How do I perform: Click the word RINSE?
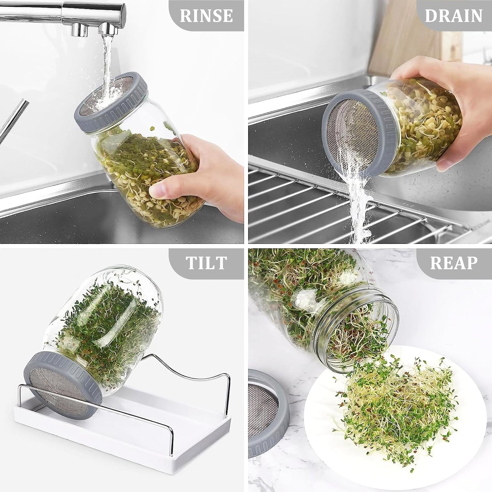point(206,16)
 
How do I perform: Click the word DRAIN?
point(454,16)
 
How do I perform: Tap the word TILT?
point(206,263)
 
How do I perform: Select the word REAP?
point(454,263)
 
